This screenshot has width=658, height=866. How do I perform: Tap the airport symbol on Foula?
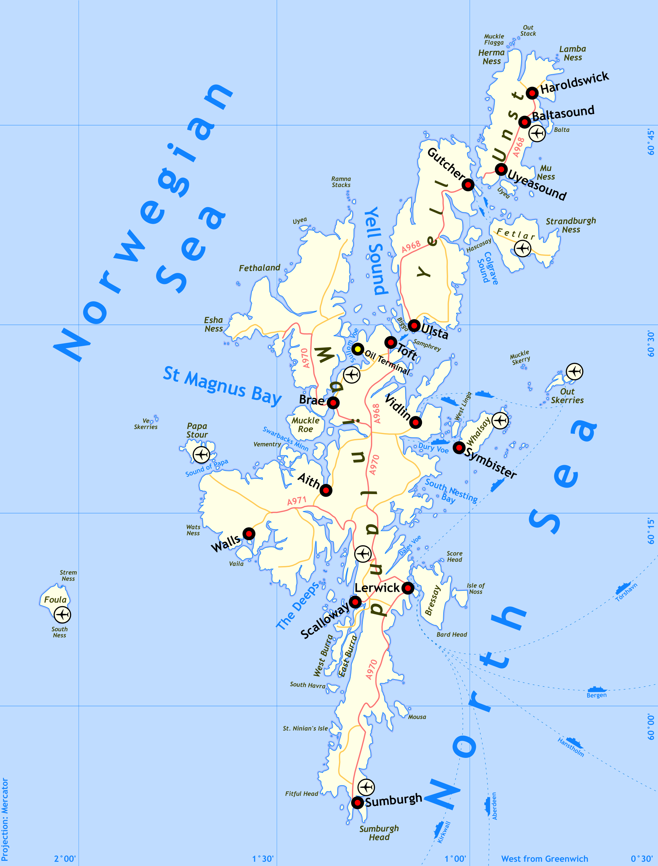tap(62, 614)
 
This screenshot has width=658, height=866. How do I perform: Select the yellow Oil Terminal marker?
tap(358, 348)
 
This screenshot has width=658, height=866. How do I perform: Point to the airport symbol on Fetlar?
tap(522, 248)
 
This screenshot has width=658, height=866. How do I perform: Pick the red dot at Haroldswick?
tap(532, 93)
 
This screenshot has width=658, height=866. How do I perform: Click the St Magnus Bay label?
tap(222, 386)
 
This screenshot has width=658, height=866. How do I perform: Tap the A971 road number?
tap(297, 501)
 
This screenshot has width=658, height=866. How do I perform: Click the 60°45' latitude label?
tap(651, 142)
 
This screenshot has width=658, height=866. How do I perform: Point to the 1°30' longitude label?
tap(263, 859)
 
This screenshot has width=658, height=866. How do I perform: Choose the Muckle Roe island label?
tap(305, 424)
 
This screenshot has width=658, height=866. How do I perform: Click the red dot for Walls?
tap(249, 533)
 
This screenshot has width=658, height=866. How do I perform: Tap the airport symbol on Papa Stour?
tap(201, 455)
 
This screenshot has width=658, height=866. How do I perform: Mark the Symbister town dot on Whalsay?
tap(459, 447)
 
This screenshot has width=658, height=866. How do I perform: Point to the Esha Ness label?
tap(213, 324)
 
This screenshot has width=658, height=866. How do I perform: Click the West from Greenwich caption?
tap(544, 859)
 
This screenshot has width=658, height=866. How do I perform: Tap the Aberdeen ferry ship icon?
tap(487, 806)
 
